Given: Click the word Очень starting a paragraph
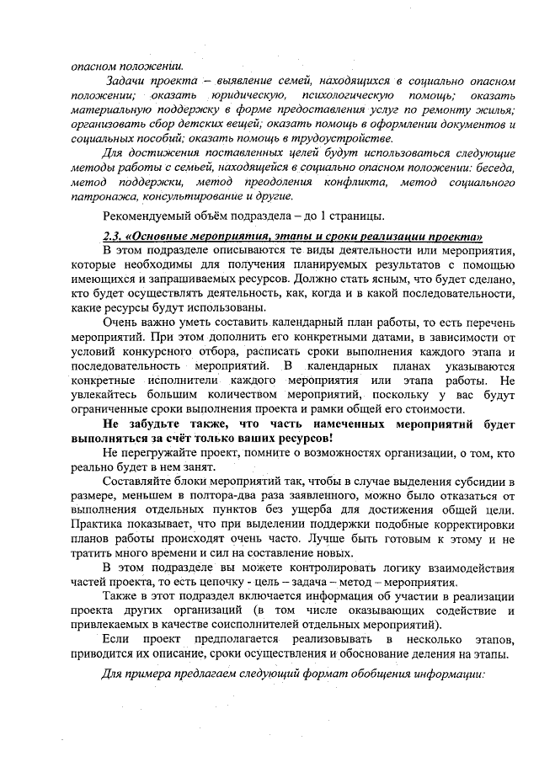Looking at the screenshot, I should pos(120,323).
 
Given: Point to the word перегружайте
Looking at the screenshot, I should pos(163,454).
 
